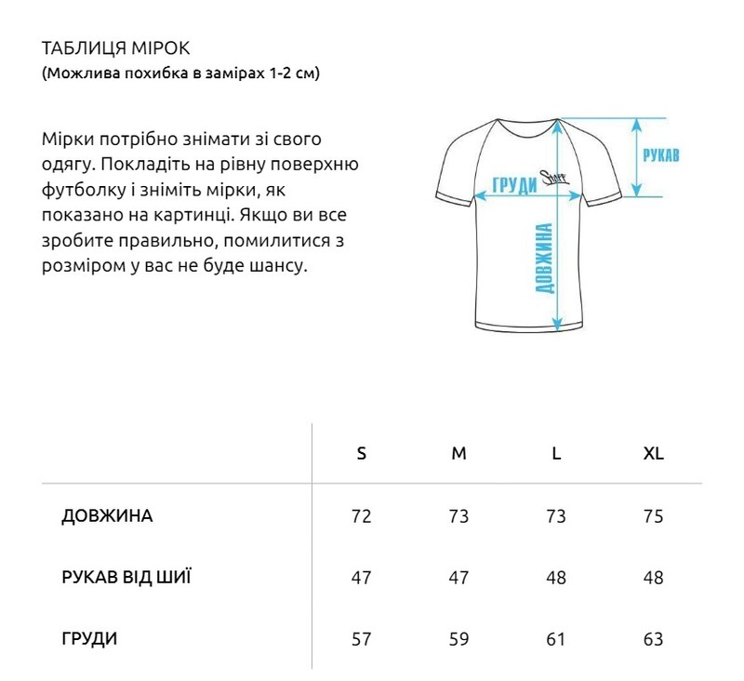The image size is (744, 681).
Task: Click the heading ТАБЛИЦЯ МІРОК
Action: tap(116, 48)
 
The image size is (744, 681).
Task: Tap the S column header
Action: tap(362, 454)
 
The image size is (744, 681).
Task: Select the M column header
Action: tap(458, 454)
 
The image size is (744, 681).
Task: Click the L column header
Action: tap(556, 454)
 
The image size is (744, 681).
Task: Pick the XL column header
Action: tap(654, 454)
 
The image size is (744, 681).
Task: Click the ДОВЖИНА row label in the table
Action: tap(107, 516)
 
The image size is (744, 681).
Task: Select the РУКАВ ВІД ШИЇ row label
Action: tap(126, 577)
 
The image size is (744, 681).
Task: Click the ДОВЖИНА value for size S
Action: tap(362, 516)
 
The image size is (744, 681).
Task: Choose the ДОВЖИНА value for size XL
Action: tap(654, 516)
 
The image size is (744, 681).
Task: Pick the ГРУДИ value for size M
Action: tap(458, 639)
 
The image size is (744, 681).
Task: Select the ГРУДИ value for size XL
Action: tap(654, 639)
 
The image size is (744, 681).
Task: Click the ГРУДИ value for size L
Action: tap(556, 639)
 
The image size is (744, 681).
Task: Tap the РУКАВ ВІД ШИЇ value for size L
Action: tap(556, 578)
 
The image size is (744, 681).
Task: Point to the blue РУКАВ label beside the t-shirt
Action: tap(660, 155)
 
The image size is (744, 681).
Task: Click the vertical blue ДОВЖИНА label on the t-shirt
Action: tap(546, 259)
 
